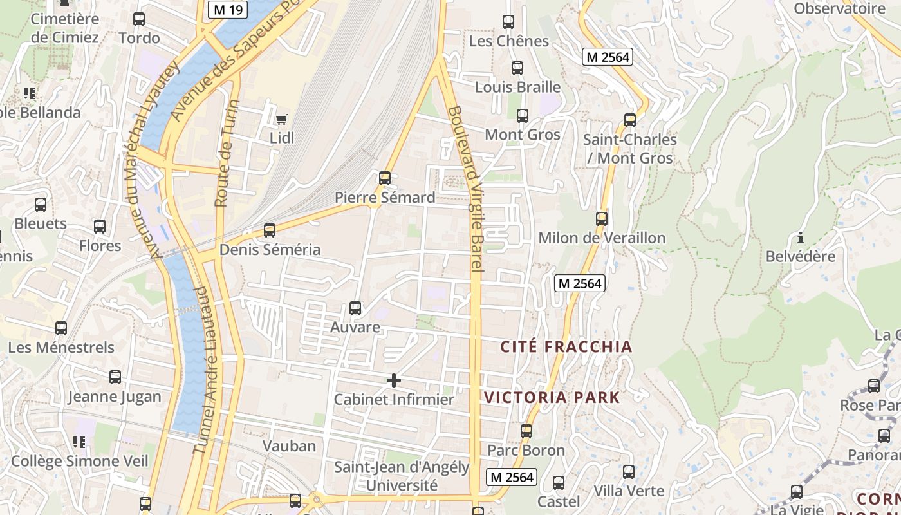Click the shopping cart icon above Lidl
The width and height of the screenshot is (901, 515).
point(281,119)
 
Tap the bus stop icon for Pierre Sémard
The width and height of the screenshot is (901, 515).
point(385,178)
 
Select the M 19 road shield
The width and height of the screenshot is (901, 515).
point(228,9)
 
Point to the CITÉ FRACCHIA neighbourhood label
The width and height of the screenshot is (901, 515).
point(566,347)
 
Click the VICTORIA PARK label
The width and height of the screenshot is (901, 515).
point(552,397)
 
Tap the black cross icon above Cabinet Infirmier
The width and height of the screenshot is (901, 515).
point(394,380)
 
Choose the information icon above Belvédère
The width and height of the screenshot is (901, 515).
point(801,237)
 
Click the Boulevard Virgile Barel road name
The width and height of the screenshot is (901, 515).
point(466,188)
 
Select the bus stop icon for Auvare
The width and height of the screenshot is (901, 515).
point(355,308)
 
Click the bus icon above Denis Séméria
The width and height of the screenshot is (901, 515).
point(270,230)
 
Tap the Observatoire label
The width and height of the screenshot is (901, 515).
point(839,8)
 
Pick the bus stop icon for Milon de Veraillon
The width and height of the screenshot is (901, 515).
point(602,219)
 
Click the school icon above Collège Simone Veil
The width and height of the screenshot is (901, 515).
point(79,442)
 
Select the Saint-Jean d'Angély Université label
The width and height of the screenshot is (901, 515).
point(402,476)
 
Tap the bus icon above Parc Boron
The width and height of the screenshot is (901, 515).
point(526,431)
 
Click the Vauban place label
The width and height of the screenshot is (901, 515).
point(289,445)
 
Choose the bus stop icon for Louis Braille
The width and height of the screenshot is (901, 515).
point(517,68)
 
